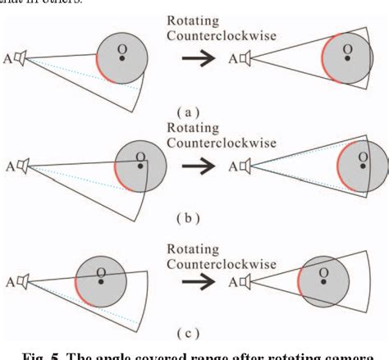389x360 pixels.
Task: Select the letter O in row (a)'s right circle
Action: pos(348,49)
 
